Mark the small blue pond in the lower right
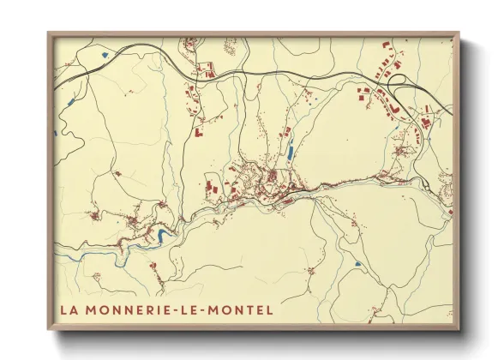(351, 264)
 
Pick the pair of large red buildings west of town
(211, 187)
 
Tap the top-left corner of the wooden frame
(48, 33)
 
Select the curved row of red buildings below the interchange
(385, 105)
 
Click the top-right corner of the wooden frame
(459, 33)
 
